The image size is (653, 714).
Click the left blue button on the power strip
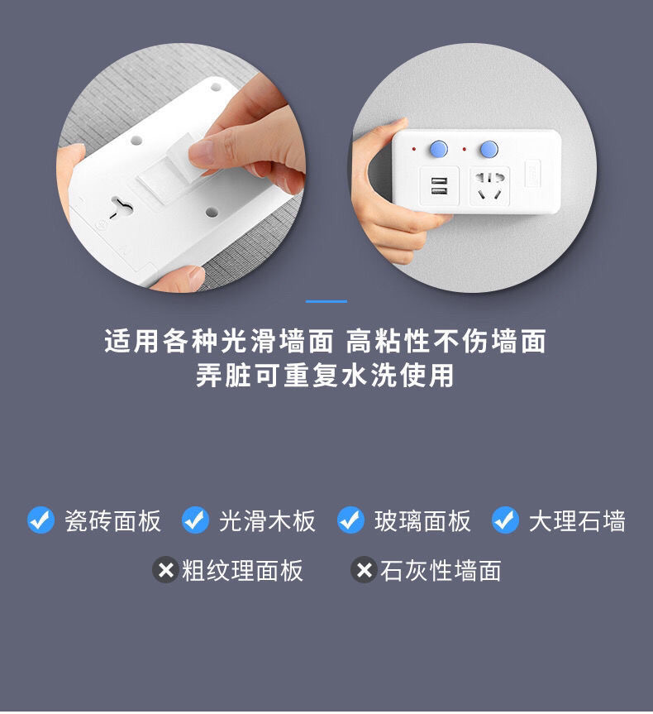[x=438, y=150]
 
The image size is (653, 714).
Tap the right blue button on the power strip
[x=489, y=150]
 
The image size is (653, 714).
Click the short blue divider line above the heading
[x=326, y=301]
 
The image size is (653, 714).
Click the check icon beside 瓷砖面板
[x=41, y=520]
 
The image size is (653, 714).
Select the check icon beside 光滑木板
[x=195, y=520]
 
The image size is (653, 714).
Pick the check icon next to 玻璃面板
[x=350, y=520]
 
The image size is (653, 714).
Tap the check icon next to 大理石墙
[x=504, y=520]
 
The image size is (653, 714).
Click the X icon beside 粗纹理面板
[x=165, y=570]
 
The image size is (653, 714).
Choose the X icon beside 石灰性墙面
[x=364, y=570]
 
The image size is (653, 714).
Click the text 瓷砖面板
[x=112, y=521]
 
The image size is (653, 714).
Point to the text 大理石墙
[x=577, y=521]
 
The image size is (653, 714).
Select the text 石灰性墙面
[x=441, y=571]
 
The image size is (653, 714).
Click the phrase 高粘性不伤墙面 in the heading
[x=446, y=341]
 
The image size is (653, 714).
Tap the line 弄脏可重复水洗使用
[x=326, y=375]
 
